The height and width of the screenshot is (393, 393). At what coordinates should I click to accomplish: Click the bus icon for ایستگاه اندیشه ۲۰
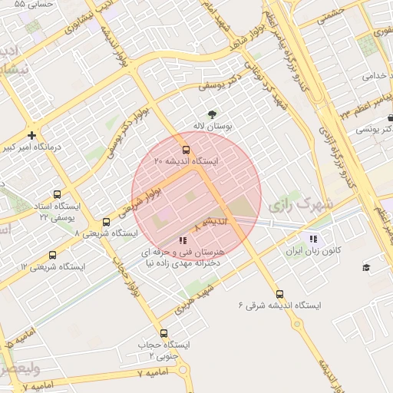pos(186,149)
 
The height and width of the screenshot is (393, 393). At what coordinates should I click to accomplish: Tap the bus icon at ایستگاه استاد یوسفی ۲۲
pos(58,195)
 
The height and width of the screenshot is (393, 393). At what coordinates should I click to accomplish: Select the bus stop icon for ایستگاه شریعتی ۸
pos(106,222)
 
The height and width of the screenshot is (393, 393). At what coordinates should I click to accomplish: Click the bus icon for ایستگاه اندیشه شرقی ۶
pos(279,292)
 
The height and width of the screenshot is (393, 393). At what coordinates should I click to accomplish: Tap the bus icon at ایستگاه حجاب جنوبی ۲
pos(163,333)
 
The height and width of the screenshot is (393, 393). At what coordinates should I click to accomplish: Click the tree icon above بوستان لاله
pos(213,114)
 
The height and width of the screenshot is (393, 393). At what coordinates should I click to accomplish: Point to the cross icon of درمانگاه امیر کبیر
pos(31,135)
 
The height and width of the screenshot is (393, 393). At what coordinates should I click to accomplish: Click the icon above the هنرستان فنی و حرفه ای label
pos(182,239)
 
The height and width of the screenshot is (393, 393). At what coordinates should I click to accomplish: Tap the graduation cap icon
pos(366,267)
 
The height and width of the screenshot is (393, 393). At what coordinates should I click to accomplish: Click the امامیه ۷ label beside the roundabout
pos(150,372)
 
